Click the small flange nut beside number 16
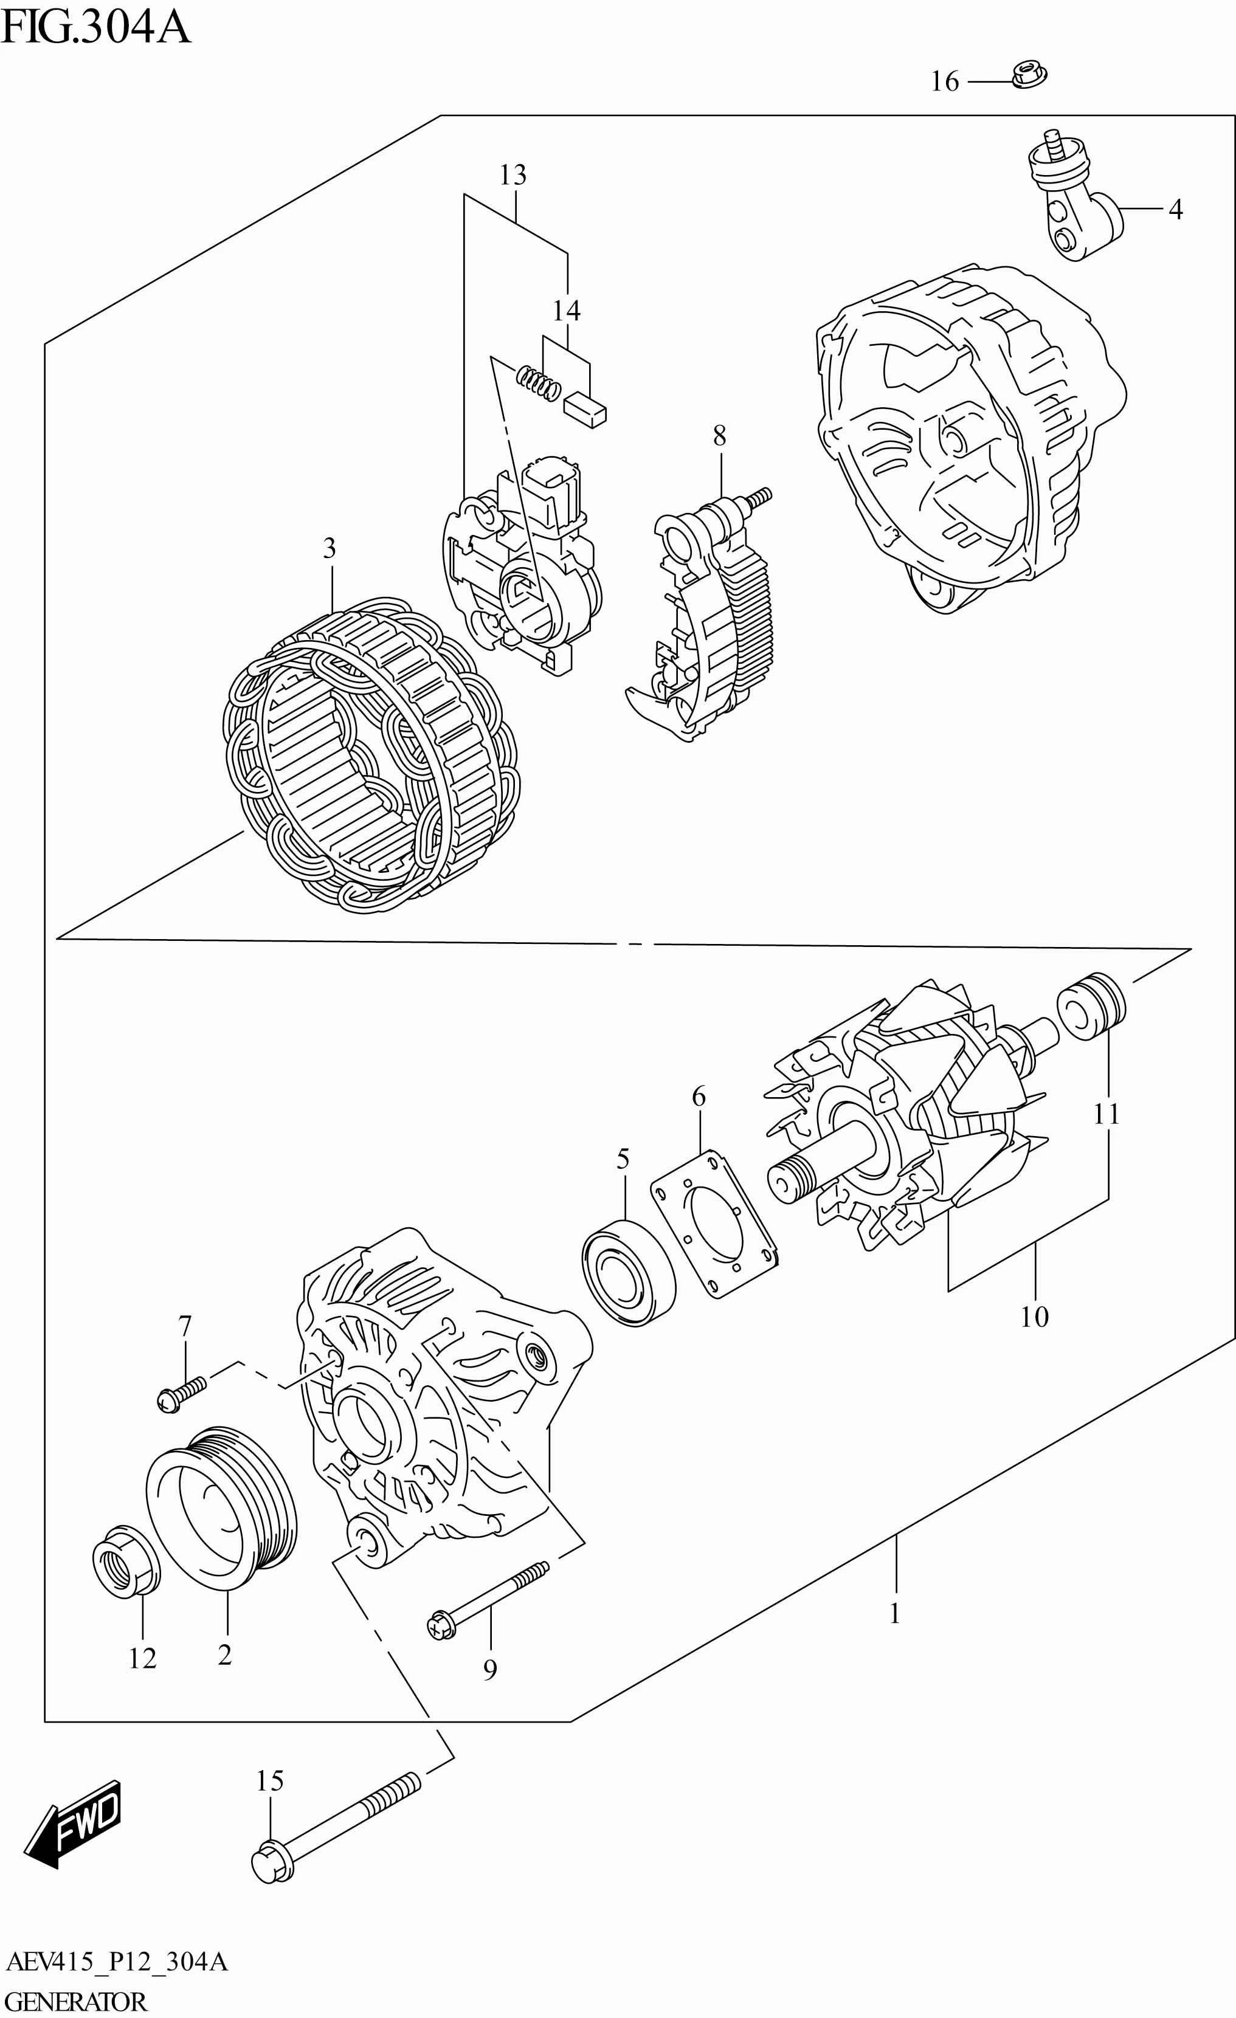point(1029,75)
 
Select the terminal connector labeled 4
point(1072,205)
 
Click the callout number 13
point(513,174)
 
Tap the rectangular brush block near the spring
point(585,408)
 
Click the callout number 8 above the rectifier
point(719,436)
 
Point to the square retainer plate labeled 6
point(713,1224)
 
